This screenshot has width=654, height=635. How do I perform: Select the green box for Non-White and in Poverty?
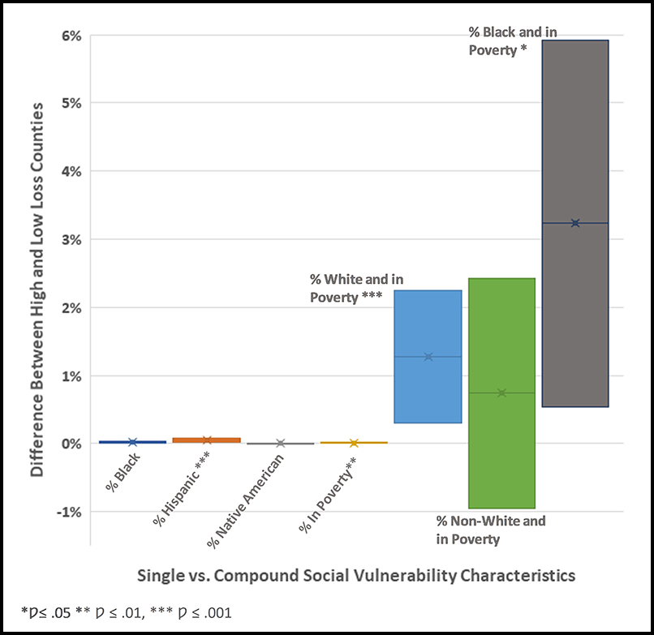pyautogui.click(x=502, y=454)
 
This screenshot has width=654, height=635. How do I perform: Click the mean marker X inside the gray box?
pyautogui.click(x=575, y=223)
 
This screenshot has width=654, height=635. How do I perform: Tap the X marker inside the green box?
pyautogui.click(x=502, y=393)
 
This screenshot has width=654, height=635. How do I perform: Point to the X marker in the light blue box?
pyautogui.click(x=428, y=357)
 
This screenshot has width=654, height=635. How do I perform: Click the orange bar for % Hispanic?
pyautogui.click(x=206, y=440)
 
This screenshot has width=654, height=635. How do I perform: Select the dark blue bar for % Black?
pyautogui.click(x=132, y=442)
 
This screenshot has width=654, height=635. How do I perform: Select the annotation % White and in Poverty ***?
pyautogui.click(x=346, y=289)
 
